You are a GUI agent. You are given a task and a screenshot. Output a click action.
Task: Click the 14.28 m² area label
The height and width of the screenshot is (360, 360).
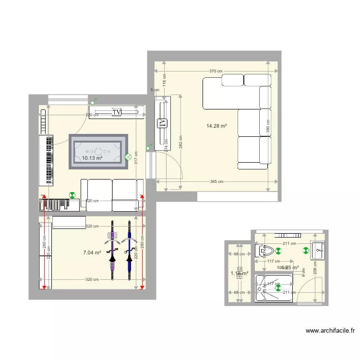(216, 126)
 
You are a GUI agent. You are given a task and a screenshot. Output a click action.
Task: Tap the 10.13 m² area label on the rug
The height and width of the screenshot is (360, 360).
(92, 158)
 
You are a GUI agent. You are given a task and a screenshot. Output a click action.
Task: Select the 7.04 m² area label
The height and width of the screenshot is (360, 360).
(92, 252)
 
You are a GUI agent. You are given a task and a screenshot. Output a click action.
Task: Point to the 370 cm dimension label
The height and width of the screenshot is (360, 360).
(216, 72)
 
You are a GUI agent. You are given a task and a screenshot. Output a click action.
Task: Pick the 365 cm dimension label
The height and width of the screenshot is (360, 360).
(217, 182)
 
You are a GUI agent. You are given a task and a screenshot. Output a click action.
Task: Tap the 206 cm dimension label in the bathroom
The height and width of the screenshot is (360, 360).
(315, 266)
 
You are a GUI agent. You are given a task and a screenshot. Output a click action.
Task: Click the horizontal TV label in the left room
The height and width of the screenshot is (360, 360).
(116, 112)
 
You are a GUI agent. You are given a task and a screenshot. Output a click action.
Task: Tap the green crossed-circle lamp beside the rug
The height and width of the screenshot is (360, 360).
(128, 156)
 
